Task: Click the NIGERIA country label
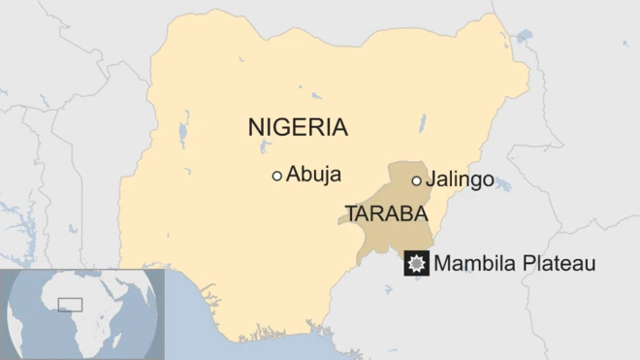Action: coord(298,127)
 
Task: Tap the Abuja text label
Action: coord(311,176)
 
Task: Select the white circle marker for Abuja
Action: coord(276,176)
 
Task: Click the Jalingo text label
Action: coord(460,180)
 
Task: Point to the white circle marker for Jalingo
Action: coord(416,180)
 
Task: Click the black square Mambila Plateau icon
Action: coord(417,263)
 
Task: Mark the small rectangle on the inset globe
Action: coord(70,305)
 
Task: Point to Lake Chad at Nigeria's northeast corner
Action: coord(524,39)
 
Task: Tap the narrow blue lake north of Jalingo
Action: coord(422,123)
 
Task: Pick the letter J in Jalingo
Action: coord(432,181)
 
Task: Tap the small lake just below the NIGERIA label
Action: coord(266,147)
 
